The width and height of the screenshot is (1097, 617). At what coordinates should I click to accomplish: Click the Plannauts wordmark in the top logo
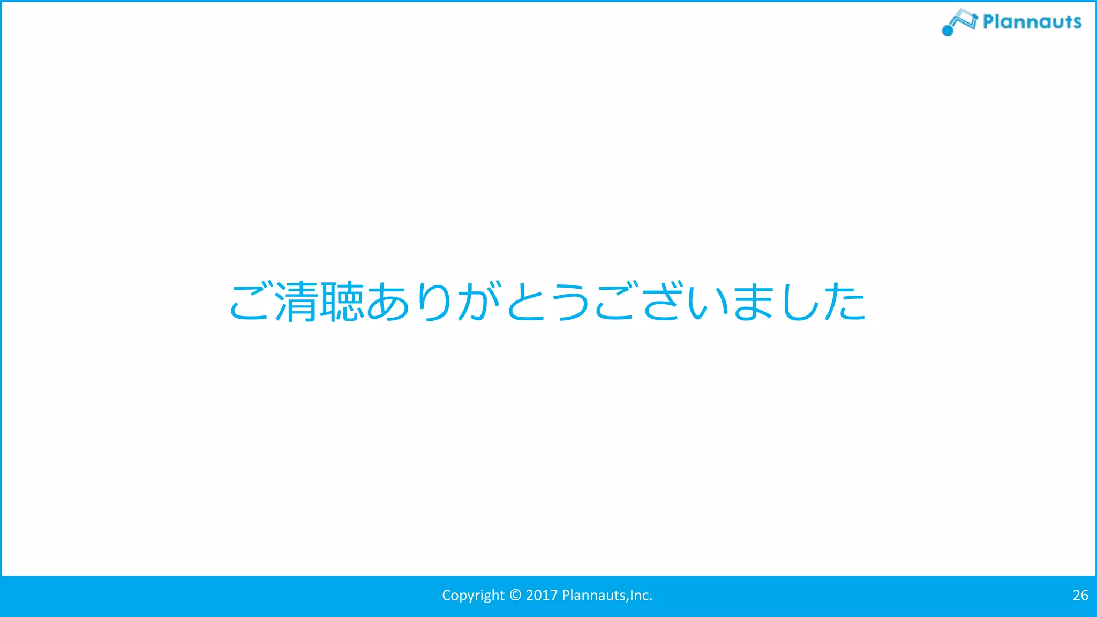pyautogui.click(x=1032, y=22)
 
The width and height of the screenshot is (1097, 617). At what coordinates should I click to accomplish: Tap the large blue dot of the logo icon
pyautogui.click(x=948, y=31)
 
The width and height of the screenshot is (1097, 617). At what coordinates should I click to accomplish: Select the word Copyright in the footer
pyautogui.click(x=473, y=596)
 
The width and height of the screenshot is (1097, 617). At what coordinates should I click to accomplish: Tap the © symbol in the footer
pyautogui.click(x=515, y=595)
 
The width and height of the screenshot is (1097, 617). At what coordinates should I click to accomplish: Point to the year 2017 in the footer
pyautogui.click(x=542, y=595)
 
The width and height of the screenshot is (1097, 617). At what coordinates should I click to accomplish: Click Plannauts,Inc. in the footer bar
pyautogui.click(x=607, y=595)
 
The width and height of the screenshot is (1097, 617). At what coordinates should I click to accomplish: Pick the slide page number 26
pyautogui.click(x=1080, y=595)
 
